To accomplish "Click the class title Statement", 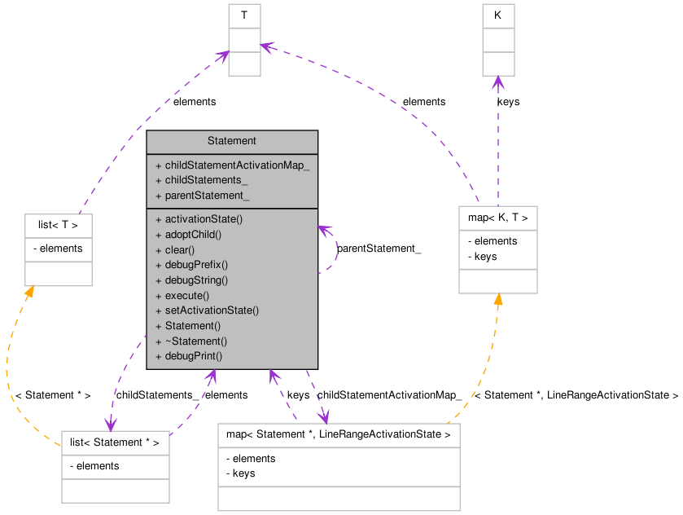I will [232, 141].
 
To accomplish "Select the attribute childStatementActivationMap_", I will [237, 165].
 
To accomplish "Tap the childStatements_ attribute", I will [206, 180].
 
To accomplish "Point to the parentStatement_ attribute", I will [207, 196].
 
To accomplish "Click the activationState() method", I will [204, 219].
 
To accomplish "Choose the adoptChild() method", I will [193, 235].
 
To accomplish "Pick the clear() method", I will [180, 250].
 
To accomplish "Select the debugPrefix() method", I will [196, 265].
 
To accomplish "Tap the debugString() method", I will [196, 280].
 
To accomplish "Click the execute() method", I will [186, 296].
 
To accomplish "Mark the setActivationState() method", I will [212, 310].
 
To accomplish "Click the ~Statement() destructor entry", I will [195, 341].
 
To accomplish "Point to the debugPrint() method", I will [193, 356].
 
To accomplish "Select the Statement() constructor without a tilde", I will [192, 326].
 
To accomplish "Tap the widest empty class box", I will [339, 467].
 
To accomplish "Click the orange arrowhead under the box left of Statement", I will [30, 292].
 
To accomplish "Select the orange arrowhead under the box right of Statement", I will [498, 300].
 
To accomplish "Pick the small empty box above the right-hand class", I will [498, 40].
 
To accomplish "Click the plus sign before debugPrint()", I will [158, 356].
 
